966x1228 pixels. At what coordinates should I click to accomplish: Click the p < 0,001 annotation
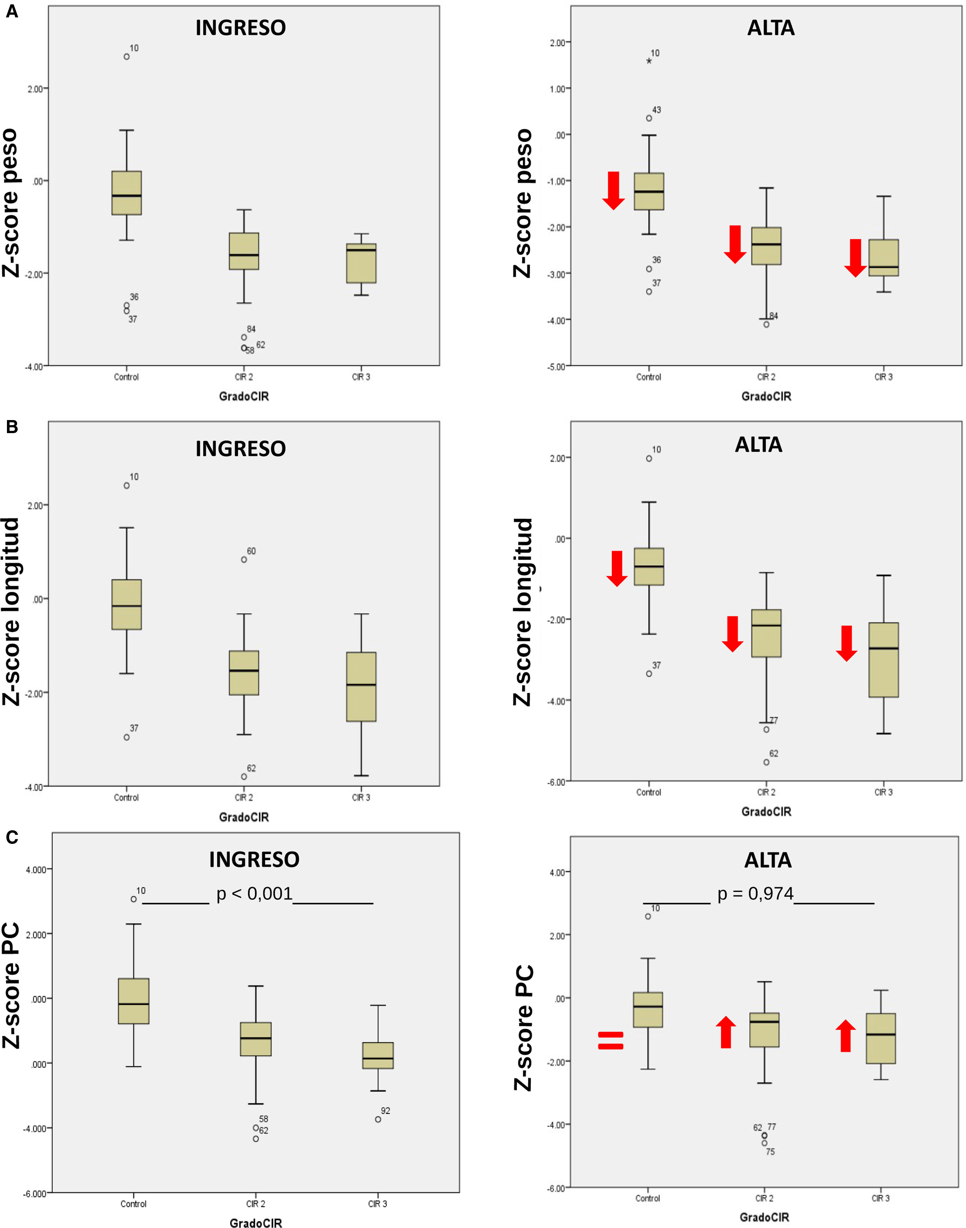click(x=254, y=894)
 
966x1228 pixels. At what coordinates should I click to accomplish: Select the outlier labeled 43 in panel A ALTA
click(x=649, y=118)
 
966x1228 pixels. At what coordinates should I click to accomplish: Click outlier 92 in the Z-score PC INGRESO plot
click(x=378, y=1119)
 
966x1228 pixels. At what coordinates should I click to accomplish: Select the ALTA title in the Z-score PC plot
click(x=767, y=860)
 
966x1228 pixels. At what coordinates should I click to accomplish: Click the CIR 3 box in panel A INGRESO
click(x=361, y=263)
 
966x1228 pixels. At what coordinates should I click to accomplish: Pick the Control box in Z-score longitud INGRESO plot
click(x=127, y=604)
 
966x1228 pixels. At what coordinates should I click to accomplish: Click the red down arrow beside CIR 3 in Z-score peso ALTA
click(x=856, y=257)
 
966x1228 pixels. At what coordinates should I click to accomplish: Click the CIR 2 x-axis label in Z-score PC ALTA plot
click(x=764, y=1198)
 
